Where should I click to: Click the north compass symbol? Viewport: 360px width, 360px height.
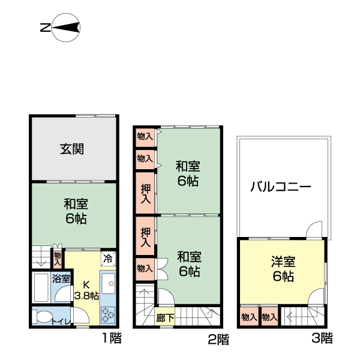66,27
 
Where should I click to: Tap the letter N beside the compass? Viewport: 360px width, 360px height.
44,27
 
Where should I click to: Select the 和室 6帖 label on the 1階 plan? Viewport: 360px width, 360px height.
76,211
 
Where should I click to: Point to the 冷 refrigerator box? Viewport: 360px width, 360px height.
107,259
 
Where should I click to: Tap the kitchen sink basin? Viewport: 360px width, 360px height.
108,283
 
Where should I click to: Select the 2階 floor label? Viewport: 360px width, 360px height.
218,340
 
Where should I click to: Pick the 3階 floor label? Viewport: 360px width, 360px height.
322,338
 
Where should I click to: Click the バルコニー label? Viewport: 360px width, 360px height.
281,187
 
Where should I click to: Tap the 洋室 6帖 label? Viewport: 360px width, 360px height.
281,269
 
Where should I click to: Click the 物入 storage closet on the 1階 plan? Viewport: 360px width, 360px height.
57,259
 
